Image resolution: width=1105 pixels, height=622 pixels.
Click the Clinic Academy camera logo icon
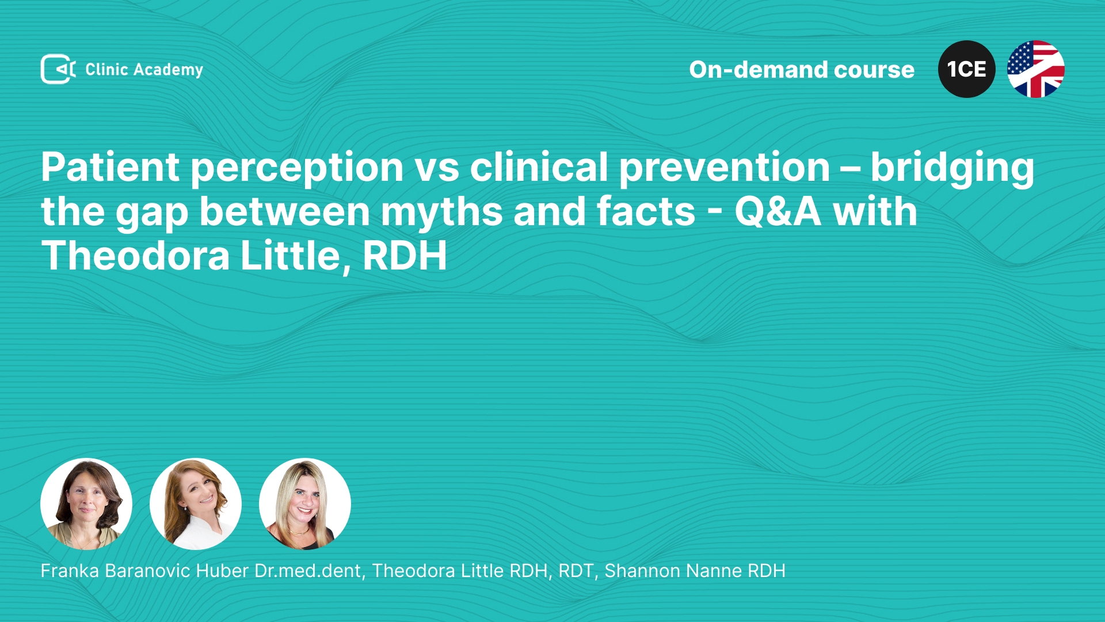(x=58, y=69)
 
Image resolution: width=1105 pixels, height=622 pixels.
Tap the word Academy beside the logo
(x=168, y=70)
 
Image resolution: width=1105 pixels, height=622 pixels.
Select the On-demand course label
(x=802, y=70)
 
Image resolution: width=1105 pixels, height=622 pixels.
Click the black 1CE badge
(x=967, y=69)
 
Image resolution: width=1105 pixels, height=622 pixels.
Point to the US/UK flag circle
(x=1036, y=69)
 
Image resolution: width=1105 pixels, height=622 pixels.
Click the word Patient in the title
(x=110, y=167)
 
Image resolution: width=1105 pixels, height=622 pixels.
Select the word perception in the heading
(x=296, y=169)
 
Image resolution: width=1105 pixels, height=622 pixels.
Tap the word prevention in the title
(x=725, y=169)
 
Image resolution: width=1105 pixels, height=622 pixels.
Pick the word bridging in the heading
(x=952, y=169)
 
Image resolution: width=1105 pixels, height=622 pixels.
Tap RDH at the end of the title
(x=405, y=256)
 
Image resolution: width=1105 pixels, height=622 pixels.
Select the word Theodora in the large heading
(x=136, y=256)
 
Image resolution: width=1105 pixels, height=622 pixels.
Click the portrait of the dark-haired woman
(x=86, y=504)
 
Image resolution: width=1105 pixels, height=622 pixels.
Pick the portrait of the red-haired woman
(x=196, y=504)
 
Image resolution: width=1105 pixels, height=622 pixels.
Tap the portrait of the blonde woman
(x=305, y=504)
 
